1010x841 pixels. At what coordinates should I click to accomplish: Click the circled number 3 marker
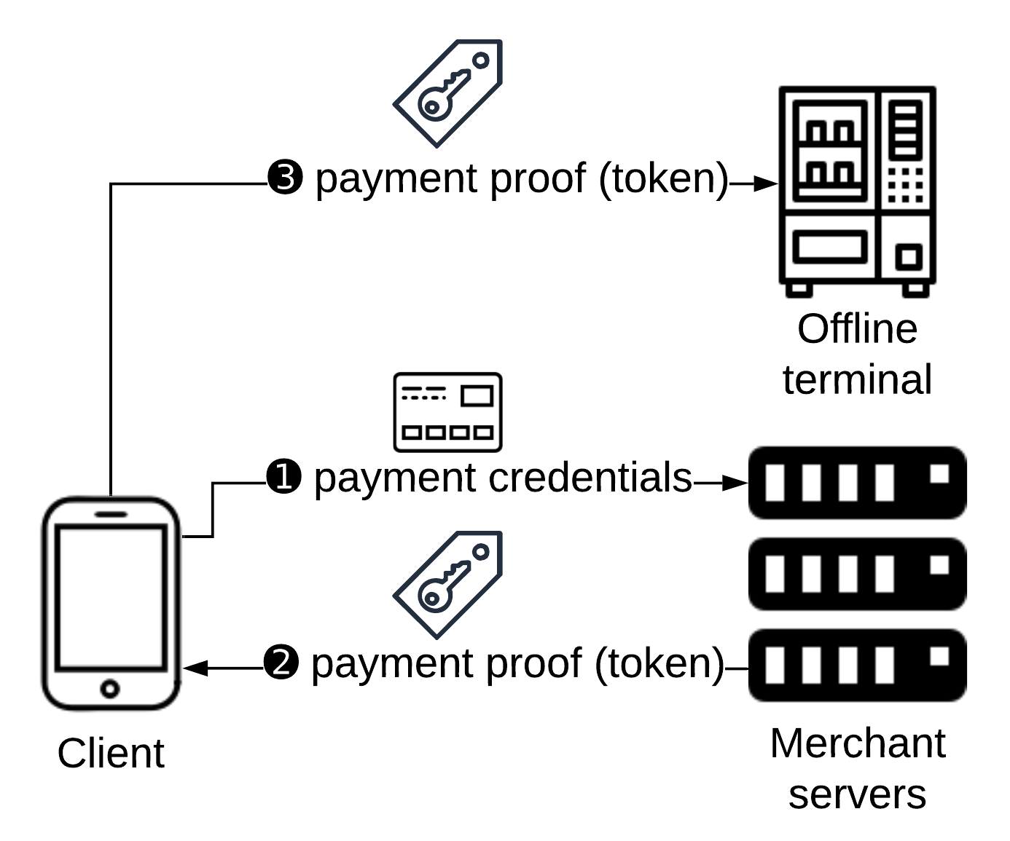285,178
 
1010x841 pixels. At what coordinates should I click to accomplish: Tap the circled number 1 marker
283,478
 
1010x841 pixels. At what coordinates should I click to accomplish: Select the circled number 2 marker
281,663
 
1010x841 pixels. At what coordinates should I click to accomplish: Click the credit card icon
447,412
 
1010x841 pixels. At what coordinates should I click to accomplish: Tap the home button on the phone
110,688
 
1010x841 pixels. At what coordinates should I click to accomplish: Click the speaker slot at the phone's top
110,513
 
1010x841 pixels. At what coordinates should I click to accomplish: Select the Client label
111,754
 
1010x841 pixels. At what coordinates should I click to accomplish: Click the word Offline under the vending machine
857,329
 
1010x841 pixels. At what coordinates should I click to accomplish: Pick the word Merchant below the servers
857,743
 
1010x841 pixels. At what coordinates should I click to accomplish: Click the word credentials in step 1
590,478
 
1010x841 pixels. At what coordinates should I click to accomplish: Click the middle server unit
857,574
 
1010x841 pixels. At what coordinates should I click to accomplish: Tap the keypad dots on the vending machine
905,186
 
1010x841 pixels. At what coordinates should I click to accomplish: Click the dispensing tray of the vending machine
830,246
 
